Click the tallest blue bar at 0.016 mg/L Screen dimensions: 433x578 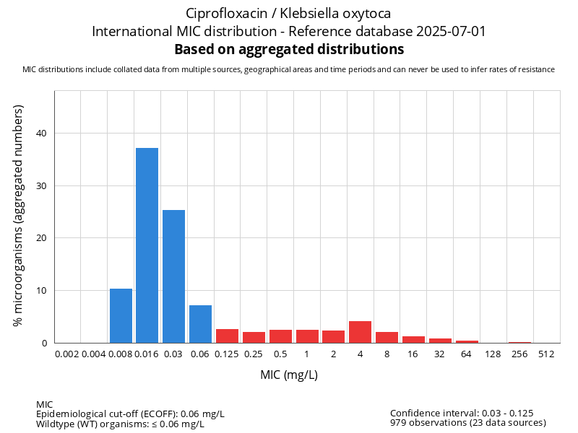point(147,245)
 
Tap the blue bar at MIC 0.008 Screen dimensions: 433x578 point(121,315)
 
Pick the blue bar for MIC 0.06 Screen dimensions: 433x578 point(200,324)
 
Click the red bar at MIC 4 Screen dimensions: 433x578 point(360,332)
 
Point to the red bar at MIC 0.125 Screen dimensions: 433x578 point(227,336)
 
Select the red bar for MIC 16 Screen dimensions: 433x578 point(413,339)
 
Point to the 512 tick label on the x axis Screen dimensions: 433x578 point(546,354)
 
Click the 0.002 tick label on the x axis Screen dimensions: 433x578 point(67,354)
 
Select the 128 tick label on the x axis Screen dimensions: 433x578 point(493,354)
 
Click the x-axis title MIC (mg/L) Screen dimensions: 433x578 point(289,375)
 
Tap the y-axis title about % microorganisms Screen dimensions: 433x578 point(19,215)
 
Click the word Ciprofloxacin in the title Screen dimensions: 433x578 point(222,14)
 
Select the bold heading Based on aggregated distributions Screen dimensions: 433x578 point(289,50)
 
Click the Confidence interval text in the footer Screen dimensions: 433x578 point(461,414)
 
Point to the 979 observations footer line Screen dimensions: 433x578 point(467,423)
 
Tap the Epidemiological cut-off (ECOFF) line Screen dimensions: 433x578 point(130,414)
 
